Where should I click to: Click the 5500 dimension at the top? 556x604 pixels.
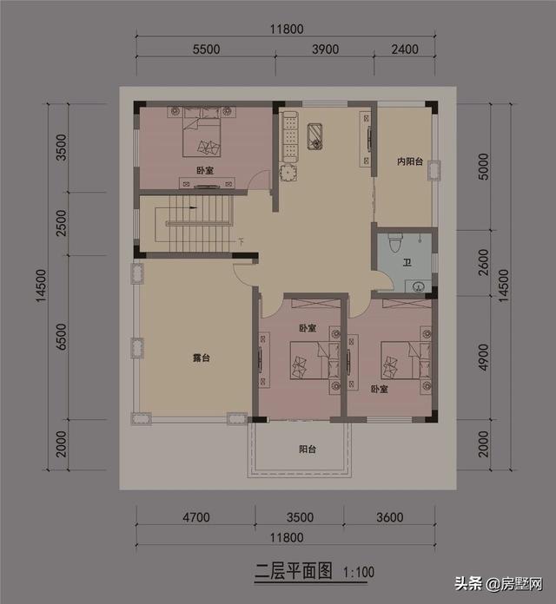click(205, 50)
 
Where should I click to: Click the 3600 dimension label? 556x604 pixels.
click(389, 518)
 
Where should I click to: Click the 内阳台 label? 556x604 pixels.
click(409, 161)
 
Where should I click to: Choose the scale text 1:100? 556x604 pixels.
click(359, 572)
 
